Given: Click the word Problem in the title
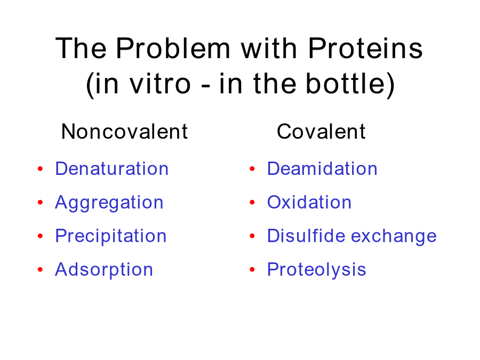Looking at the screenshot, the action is point(173,48).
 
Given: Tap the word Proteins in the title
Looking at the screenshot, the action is point(365,48).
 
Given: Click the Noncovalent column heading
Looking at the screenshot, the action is point(124,131).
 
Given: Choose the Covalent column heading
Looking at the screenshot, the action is point(321,131).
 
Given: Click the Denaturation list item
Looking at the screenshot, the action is point(112,169).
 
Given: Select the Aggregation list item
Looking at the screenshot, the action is point(109,203).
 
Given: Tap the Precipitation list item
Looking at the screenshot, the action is point(111,236).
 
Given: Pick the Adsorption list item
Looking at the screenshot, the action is point(104,270).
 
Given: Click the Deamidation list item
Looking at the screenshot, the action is point(322,169).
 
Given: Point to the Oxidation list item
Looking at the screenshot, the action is point(309,202).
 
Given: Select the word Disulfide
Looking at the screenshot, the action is point(307,236).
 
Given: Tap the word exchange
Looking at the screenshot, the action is point(394,236).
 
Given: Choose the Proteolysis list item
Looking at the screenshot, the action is point(316,270).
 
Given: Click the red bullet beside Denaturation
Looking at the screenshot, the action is point(40,169).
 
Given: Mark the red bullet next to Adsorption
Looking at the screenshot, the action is point(40,269).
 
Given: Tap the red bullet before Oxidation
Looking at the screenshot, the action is point(252,202).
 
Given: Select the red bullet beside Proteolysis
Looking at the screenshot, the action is point(252,269).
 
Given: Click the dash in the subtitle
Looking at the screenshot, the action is point(206,86).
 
